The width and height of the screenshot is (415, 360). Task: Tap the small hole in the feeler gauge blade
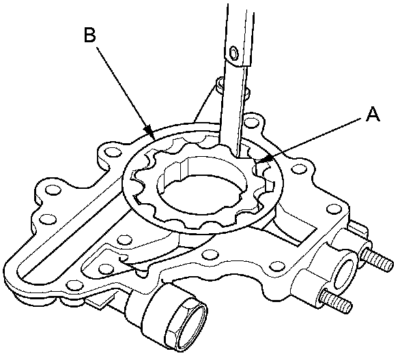click(x=234, y=53)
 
